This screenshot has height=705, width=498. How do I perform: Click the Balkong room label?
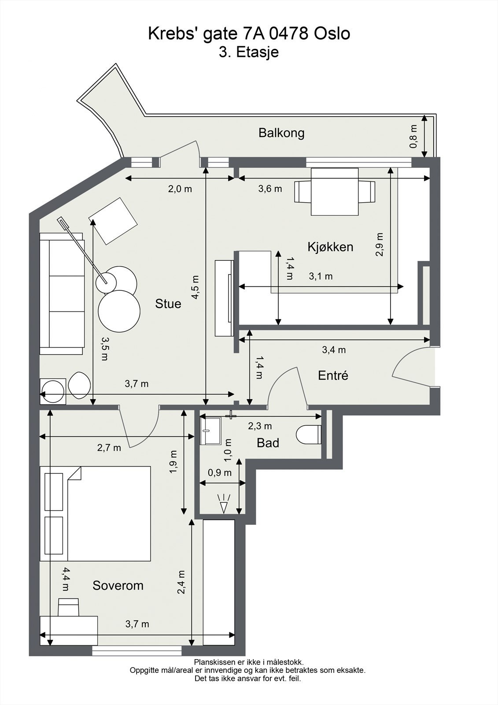281,133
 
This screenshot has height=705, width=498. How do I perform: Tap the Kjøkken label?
330,247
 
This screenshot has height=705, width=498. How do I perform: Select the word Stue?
168,304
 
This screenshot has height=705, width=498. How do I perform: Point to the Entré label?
333,375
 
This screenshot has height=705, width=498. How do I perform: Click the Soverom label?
118,586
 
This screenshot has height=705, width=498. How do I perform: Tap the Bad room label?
268,443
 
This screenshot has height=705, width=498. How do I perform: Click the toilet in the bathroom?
308,434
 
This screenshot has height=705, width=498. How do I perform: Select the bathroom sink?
211,431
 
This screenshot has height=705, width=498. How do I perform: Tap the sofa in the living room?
62,293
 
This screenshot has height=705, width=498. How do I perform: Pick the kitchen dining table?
335,192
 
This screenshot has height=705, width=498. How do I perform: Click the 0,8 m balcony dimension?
413,137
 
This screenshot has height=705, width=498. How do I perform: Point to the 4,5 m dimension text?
196,287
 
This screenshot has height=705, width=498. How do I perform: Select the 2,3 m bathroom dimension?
260,426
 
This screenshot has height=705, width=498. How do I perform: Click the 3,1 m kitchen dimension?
321,276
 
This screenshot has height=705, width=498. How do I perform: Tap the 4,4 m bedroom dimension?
65,579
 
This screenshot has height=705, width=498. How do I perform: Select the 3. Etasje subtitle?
249,52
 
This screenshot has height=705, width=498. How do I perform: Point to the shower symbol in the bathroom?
224,503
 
